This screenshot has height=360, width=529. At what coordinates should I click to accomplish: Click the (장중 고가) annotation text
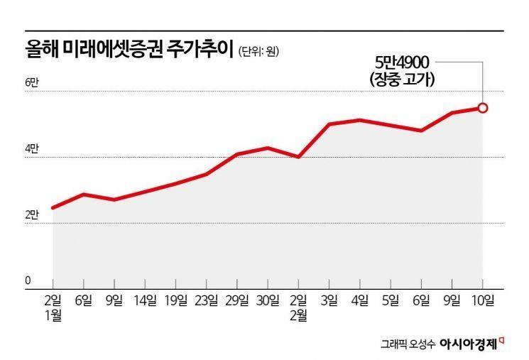(402, 81)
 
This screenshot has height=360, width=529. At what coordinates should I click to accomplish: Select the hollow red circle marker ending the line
(483, 108)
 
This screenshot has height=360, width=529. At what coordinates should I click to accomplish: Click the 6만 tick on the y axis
(33, 83)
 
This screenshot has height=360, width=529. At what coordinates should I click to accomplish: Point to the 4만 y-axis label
(33, 149)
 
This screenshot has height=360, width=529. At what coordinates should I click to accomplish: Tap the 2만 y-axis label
(33, 215)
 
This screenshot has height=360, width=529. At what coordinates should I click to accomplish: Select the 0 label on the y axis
(28, 280)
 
